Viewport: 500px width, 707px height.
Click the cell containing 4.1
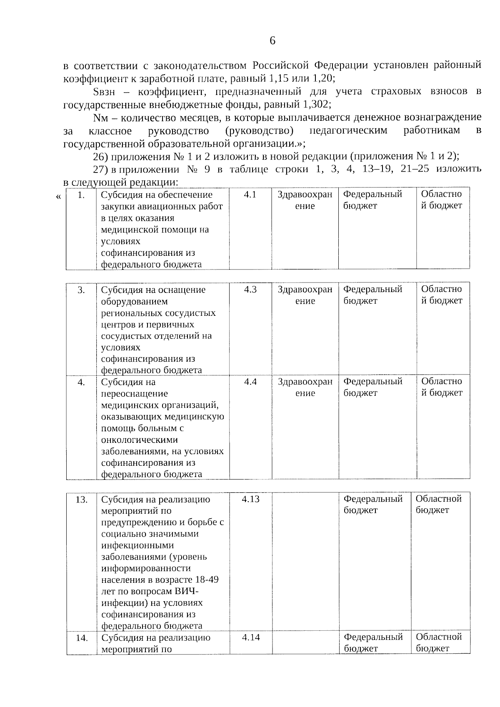(x=250, y=195)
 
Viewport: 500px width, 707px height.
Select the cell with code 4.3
(x=250, y=290)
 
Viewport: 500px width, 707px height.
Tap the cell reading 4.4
(x=250, y=382)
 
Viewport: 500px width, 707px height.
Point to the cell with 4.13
(x=250, y=499)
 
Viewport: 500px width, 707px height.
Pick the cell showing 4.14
(x=250, y=637)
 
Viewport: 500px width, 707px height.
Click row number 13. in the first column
(x=81, y=500)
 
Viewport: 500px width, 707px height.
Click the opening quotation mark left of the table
(x=58, y=196)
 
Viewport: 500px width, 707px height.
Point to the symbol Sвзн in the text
(x=103, y=91)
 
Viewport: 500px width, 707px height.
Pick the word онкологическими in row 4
(x=139, y=440)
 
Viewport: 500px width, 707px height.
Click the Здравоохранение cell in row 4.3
(x=305, y=295)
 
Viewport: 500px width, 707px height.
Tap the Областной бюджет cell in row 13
(x=439, y=505)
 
